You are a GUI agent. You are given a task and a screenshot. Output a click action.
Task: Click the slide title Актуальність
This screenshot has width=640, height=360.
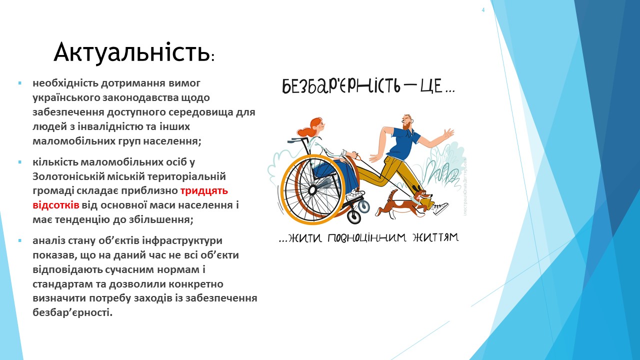133,52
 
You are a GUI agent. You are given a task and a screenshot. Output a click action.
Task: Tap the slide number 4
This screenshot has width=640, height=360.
483,10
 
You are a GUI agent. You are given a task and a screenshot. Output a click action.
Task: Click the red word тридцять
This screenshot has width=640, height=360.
204,190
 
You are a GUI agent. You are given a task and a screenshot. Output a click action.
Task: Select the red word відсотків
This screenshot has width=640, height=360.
55,205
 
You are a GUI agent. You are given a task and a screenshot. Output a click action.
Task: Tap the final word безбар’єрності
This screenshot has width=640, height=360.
72,312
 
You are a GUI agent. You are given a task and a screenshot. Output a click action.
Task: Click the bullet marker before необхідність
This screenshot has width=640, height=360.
19,83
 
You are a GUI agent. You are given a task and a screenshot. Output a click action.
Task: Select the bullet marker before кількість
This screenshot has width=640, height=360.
19,162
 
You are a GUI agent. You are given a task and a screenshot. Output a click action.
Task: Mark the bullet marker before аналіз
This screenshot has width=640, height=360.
19,241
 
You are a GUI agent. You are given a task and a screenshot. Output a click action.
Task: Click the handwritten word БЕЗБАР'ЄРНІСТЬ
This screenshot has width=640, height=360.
341,85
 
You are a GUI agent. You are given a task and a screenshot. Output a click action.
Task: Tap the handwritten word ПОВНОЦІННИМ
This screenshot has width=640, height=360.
366,237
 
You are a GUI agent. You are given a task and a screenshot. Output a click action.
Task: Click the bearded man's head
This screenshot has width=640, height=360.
407,122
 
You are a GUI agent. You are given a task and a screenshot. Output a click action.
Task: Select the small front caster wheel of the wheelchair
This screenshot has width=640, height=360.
354,217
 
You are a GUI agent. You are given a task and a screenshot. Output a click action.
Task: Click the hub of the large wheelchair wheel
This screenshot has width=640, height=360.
312,189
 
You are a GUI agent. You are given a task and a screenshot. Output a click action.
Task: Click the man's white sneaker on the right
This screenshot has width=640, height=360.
440,208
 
